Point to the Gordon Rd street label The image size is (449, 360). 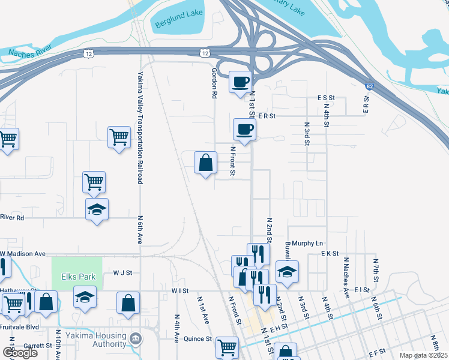click(214, 82)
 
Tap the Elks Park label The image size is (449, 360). click(76, 277)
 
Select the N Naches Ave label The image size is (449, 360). click(346, 277)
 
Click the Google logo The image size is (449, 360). click(19, 353)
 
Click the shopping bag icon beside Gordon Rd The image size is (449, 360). click(205, 163)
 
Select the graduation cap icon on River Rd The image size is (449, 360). click(97, 209)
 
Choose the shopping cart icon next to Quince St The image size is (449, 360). click(227, 346)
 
